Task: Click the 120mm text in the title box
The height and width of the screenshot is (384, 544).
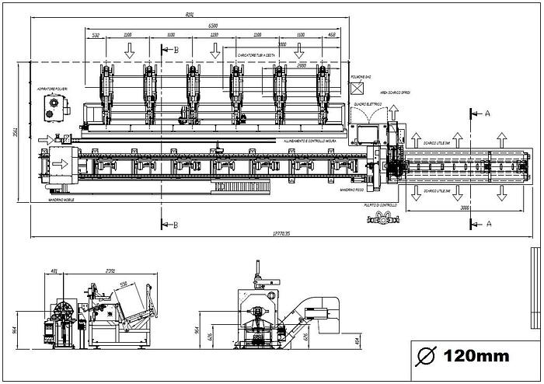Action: click(x=476, y=357)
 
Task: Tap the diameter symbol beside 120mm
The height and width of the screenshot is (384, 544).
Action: click(x=426, y=357)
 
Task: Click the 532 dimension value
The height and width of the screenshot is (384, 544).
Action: click(x=96, y=35)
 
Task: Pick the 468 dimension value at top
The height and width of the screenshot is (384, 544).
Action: click(x=332, y=35)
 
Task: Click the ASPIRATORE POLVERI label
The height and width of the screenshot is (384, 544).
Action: click(x=52, y=91)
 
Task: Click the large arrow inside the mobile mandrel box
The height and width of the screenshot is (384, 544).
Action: click(x=58, y=165)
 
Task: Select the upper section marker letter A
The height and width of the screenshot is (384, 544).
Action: click(x=487, y=112)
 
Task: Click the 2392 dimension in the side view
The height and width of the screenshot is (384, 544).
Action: click(x=110, y=271)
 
